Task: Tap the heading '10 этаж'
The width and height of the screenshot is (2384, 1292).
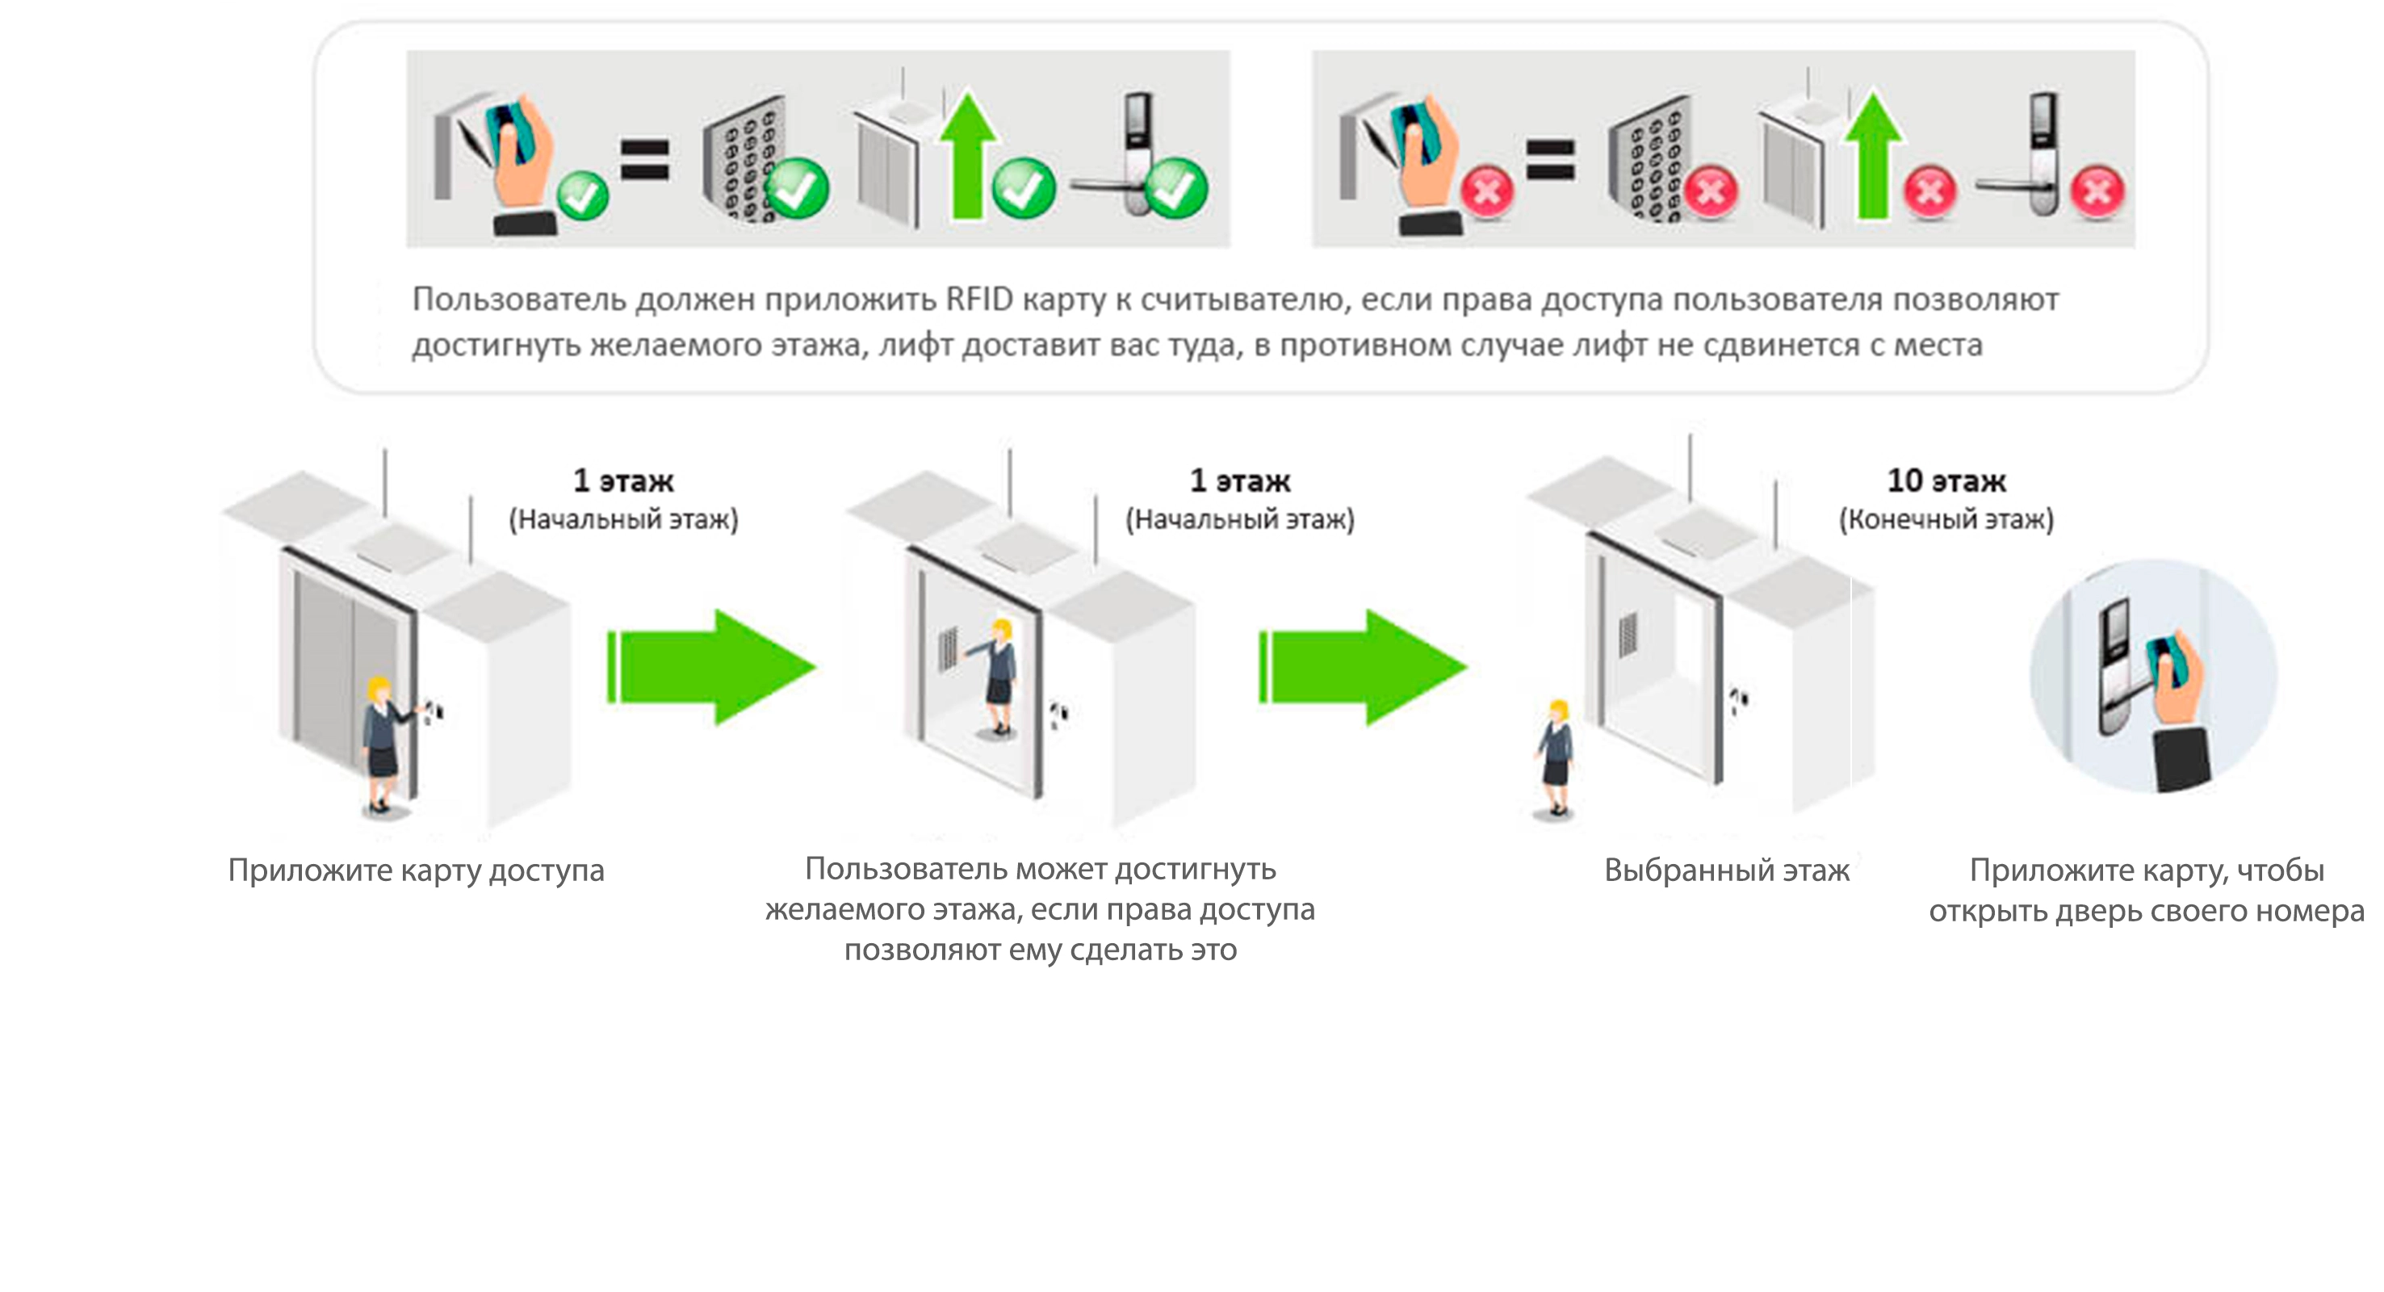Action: point(1946,480)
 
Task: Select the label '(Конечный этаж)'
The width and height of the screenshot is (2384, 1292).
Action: point(1946,519)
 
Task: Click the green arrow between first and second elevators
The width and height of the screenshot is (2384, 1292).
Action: point(710,666)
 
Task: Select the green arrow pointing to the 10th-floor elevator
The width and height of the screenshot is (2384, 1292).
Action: point(1362,666)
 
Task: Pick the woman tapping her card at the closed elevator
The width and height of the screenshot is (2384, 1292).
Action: point(382,745)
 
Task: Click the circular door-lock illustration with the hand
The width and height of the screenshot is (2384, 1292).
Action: point(2154,676)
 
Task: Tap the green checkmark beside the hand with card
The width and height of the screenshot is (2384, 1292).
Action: point(583,195)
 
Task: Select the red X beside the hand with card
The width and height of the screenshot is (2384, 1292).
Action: point(1487,192)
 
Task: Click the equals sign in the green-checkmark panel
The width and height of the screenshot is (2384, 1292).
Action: point(644,158)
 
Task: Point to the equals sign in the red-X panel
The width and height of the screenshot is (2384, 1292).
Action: point(1550,158)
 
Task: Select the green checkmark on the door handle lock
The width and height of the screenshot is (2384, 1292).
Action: point(1176,188)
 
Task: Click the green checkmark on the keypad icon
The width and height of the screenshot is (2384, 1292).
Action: point(796,189)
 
